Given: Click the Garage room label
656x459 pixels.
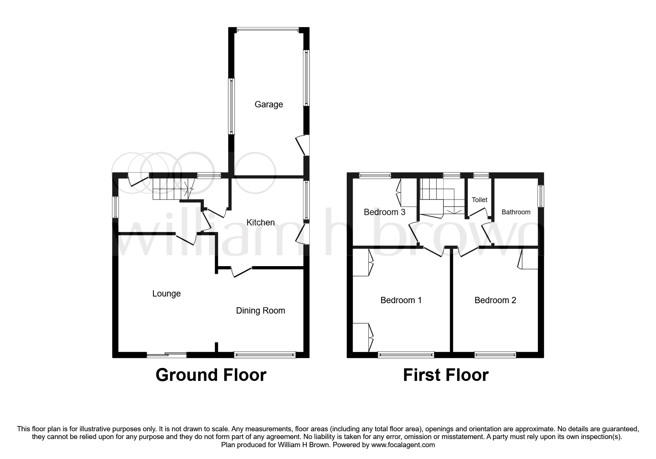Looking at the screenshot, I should point(269,104).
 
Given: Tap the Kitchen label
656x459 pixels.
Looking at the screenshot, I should point(260,222).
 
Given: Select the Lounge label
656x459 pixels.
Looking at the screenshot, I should point(166,294).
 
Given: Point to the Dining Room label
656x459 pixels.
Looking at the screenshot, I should point(260,311).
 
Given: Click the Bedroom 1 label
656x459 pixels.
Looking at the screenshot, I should point(401,300).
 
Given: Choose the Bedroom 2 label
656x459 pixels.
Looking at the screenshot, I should point(495,300).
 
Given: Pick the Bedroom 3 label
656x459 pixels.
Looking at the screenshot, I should point(384,212).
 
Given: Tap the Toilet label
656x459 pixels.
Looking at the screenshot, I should point(479,200).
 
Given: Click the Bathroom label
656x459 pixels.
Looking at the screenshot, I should point(516,212).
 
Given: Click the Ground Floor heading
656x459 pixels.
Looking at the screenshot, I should point(211,375).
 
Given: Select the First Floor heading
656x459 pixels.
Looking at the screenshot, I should point(446,375).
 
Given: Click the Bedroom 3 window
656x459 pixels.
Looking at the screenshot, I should point(375,175).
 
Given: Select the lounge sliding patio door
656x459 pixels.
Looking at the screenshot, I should point(166,355).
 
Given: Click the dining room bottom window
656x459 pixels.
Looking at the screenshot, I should point(265,355).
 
